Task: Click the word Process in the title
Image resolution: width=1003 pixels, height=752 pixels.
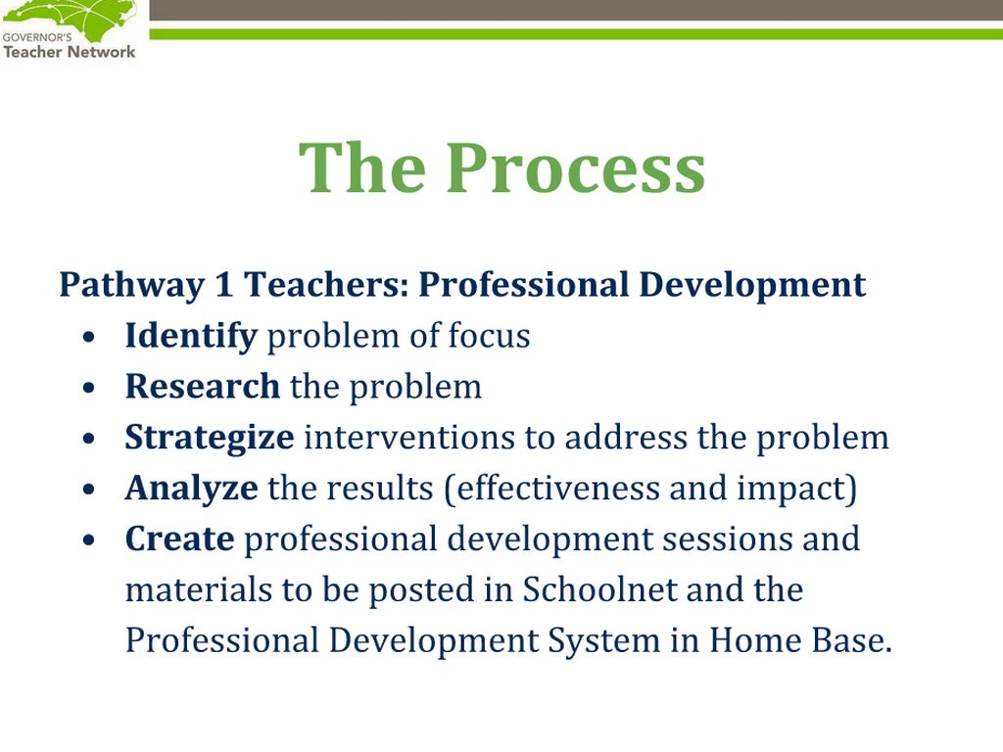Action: (x=576, y=166)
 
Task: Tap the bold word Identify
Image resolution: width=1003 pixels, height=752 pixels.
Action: (x=191, y=337)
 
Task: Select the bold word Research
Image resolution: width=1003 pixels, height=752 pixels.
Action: (x=202, y=386)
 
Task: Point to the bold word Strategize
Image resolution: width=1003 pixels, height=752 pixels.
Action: (x=210, y=439)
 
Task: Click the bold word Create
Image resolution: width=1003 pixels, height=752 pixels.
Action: (x=179, y=539)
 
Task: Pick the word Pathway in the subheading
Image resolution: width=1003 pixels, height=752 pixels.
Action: (x=131, y=286)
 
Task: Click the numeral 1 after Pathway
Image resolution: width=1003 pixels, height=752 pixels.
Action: (x=223, y=284)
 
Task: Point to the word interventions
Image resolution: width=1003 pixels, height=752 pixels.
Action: (x=408, y=438)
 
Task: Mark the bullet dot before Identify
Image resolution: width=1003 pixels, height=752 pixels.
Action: (x=89, y=337)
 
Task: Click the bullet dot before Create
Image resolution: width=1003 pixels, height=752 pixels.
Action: (x=89, y=540)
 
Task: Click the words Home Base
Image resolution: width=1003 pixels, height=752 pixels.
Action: (x=800, y=640)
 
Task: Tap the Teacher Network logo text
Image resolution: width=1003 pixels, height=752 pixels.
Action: (x=70, y=52)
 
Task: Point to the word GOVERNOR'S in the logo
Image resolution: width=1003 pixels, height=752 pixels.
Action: (x=37, y=37)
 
